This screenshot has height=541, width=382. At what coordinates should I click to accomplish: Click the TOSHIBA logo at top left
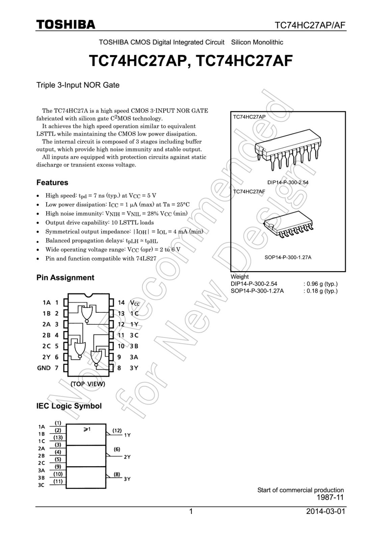click(66, 25)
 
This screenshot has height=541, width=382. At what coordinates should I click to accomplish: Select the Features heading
click(52, 183)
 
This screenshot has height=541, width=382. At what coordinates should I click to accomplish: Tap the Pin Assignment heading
click(65, 278)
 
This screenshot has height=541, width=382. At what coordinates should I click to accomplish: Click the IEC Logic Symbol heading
click(69, 406)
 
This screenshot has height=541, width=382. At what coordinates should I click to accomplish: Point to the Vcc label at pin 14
click(135, 303)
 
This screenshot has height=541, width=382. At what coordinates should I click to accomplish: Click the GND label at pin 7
click(44, 368)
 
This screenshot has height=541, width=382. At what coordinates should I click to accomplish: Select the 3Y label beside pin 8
click(134, 368)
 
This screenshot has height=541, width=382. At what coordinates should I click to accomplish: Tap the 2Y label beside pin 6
click(46, 357)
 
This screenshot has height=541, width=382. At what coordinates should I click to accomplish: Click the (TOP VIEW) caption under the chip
click(88, 384)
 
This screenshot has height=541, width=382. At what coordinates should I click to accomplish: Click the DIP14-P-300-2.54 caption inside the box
click(288, 183)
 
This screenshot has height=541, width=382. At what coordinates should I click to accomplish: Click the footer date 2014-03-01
click(326, 511)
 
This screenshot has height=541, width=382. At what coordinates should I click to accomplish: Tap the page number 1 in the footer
click(191, 512)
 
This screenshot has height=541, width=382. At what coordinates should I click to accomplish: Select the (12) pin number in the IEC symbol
click(117, 430)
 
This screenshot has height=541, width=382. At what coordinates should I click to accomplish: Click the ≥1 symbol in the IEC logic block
click(87, 429)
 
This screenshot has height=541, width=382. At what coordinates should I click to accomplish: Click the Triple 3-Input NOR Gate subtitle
click(78, 85)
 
